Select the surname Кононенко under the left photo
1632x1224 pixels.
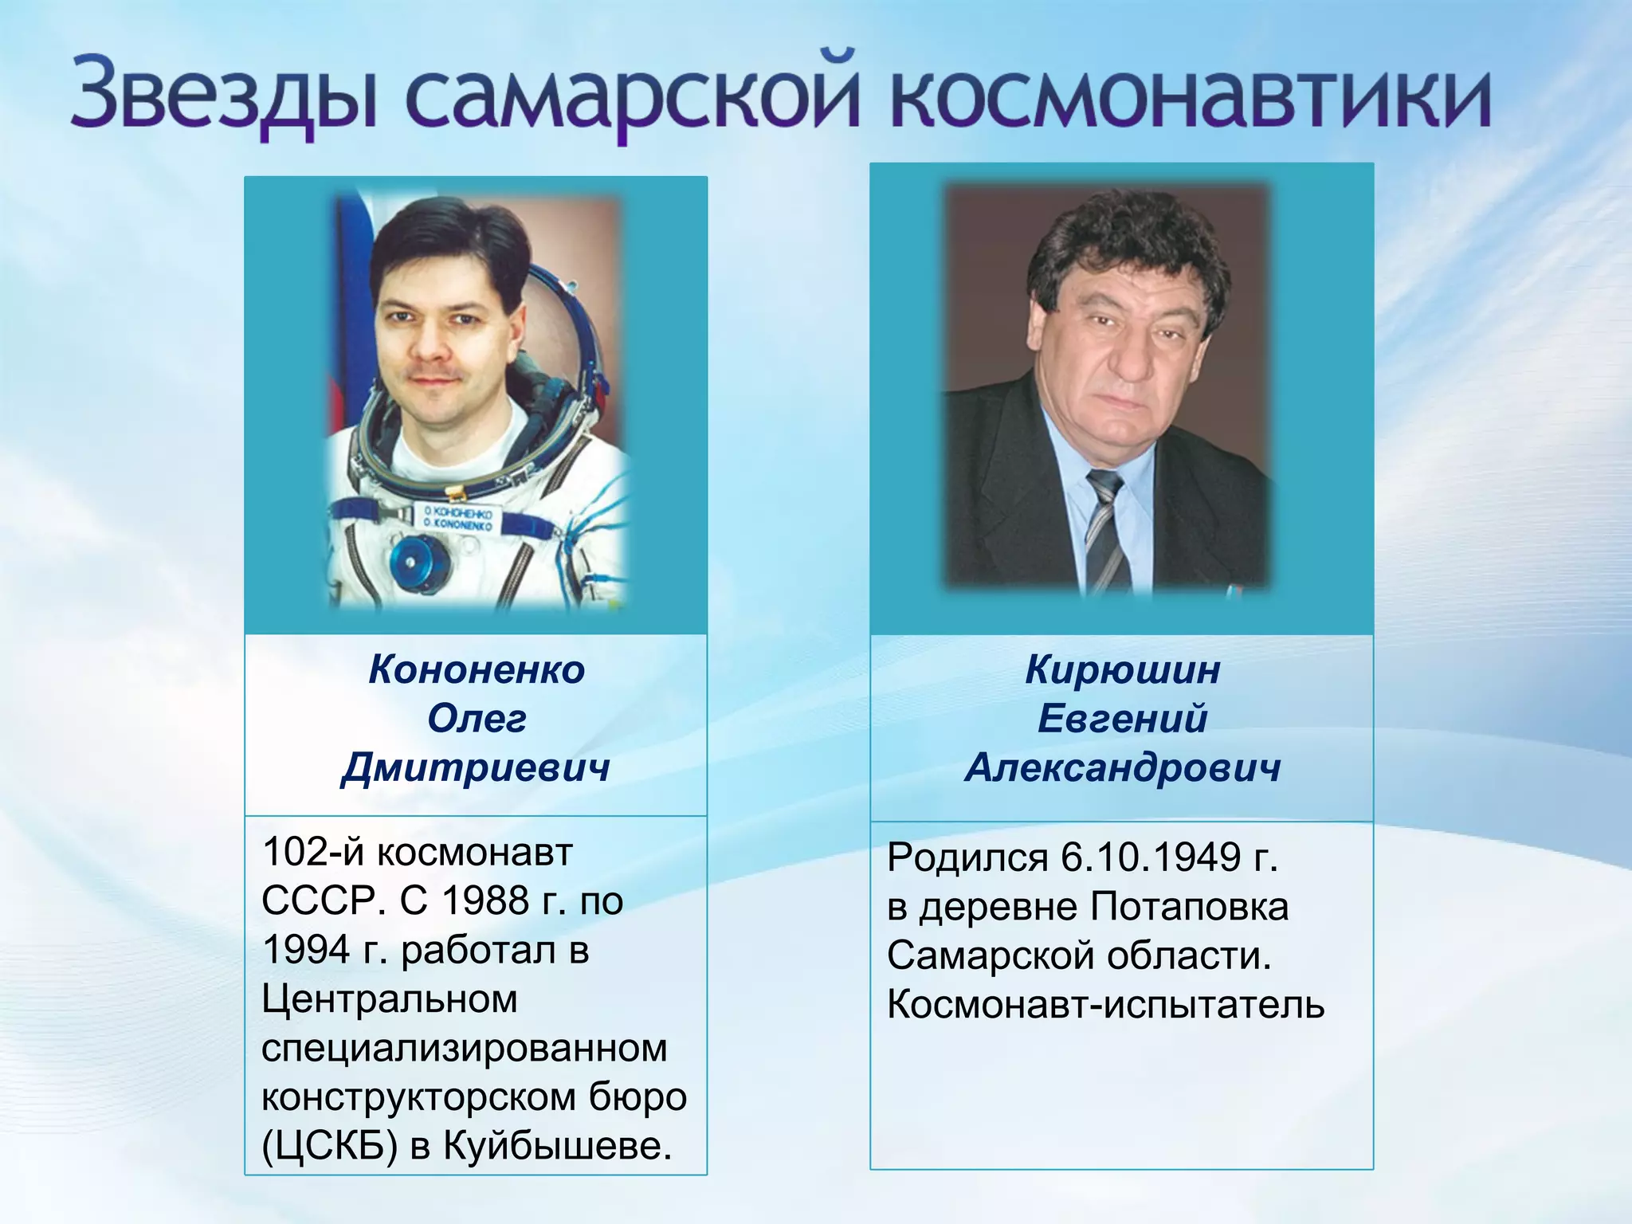(477, 669)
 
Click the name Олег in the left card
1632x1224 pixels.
(477, 719)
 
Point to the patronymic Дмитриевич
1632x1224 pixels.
(477, 767)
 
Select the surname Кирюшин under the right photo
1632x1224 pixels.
(1122, 669)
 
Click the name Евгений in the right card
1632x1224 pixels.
(1122, 719)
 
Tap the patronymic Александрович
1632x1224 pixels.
(1122, 767)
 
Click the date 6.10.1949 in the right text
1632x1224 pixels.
(1152, 857)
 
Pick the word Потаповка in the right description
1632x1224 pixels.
(1189, 907)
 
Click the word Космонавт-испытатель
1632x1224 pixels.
(1105, 1005)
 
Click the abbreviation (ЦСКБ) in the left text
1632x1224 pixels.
(329, 1146)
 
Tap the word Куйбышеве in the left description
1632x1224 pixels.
(558, 1146)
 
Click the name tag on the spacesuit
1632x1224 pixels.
(458, 520)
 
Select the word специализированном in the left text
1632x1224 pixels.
(464, 1048)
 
